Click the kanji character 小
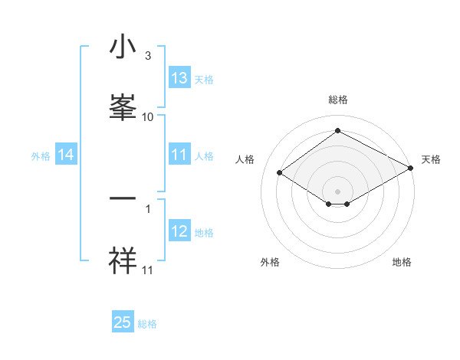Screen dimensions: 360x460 124,47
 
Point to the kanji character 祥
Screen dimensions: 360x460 124,260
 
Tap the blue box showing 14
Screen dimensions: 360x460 66,155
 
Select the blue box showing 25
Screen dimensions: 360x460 123,322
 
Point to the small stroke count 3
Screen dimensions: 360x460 148,55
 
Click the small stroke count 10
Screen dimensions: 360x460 148,116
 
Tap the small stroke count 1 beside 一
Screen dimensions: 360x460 148,208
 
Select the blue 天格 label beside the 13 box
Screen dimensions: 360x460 204,79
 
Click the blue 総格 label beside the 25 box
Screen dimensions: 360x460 147,324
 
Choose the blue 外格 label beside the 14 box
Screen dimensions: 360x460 41,155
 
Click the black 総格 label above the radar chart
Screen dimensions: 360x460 337,100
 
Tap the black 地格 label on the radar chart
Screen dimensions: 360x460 402,263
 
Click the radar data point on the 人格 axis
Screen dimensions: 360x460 280,173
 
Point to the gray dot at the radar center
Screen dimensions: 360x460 337,191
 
